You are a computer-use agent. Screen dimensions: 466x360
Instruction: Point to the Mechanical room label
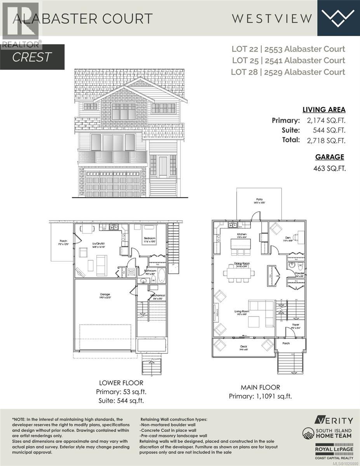(x=157, y=296)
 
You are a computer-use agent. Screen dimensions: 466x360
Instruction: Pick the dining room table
(x=239, y=273)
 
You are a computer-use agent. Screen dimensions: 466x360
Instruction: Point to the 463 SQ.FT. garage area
(x=329, y=169)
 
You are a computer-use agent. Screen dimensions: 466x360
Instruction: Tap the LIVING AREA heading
(x=324, y=110)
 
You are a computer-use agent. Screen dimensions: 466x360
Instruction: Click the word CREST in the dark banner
(x=32, y=57)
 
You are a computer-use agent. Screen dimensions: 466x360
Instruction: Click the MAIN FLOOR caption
(x=260, y=387)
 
